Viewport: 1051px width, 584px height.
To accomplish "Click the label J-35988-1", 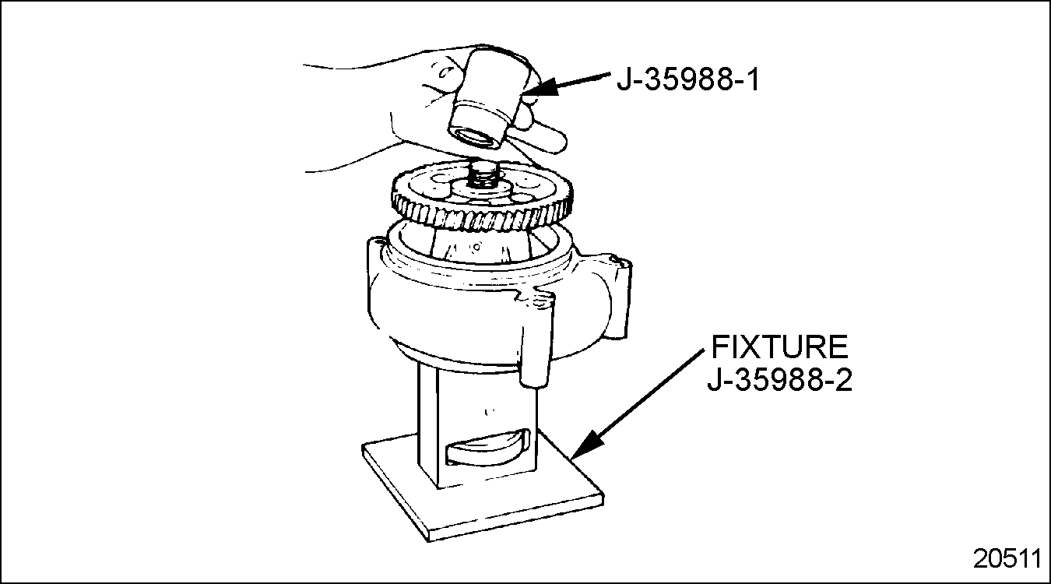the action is pyautogui.click(x=688, y=79).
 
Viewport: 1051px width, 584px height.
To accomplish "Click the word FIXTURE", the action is pyautogui.click(x=779, y=347).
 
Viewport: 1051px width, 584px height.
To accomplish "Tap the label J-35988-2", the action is pyautogui.click(x=779, y=379).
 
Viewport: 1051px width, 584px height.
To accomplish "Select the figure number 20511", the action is pyautogui.click(x=1007, y=558).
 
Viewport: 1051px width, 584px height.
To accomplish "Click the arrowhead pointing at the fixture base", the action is pyautogui.click(x=585, y=445).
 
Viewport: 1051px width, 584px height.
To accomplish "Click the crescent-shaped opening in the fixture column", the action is pyautogui.click(x=488, y=448).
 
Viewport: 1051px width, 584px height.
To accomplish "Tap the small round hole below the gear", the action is pyautogui.click(x=476, y=247).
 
